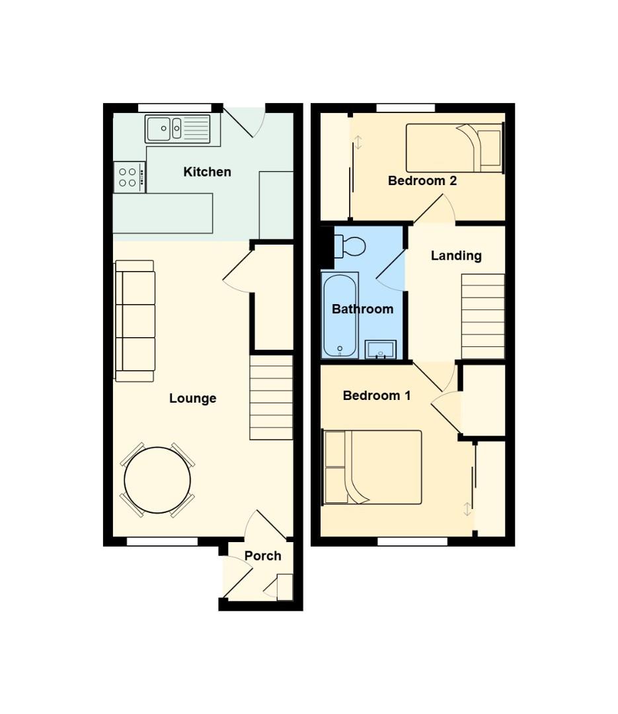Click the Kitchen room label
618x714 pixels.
pyautogui.click(x=207, y=172)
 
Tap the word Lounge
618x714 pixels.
pyautogui.click(x=192, y=398)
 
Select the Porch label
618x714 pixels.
pyautogui.click(x=262, y=556)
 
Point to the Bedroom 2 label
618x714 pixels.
pyautogui.click(x=422, y=180)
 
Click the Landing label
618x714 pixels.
pyautogui.click(x=456, y=256)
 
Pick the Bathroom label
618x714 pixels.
pyautogui.click(x=362, y=309)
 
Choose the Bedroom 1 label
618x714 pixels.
pyautogui.click(x=376, y=396)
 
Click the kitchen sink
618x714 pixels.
pyautogui.click(x=177, y=129)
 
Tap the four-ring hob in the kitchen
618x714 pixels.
pyautogui.click(x=128, y=177)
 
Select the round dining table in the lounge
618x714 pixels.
pyautogui.click(x=157, y=481)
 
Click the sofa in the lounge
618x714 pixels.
pyautogui.click(x=135, y=321)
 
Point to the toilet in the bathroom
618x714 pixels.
pyautogui.click(x=350, y=247)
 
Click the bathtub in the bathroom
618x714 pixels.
pyautogui.click(x=340, y=315)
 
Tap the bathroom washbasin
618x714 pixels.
pyautogui.click(x=380, y=349)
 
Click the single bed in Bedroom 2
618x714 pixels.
pyautogui.click(x=454, y=148)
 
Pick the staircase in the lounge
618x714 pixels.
pyautogui.click(x=271, y=397)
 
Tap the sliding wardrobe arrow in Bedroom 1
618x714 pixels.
pyautogui.click(x=467, y=509)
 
